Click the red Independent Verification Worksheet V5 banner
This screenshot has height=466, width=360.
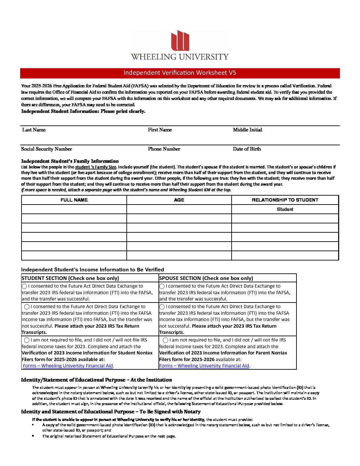click(180, 73)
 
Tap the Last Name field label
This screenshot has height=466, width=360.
click(34, 130)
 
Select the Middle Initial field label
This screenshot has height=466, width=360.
click(247, 130)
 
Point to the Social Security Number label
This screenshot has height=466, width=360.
click(47, 149)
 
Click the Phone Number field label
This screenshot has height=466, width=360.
click(164, 149)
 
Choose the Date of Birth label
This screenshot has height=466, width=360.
click(247, 149)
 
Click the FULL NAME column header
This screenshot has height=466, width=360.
click(74, 200)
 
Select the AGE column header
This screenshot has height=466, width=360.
click(179, 200)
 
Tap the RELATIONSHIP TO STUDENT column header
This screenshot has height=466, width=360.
click(285, 200)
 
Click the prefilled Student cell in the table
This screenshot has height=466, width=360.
click(285, 209)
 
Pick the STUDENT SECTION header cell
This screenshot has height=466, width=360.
click(70, 278)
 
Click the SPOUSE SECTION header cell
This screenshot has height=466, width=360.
click(206, 278)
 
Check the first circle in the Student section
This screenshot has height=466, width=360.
click(24, 286)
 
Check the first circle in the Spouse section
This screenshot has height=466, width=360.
click(162, 286)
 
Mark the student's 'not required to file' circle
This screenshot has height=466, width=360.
click(27, 340)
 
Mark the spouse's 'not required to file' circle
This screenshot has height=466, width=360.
click(165, 340)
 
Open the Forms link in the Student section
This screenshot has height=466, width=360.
click(68, 366)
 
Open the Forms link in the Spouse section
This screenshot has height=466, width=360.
click(204, 366)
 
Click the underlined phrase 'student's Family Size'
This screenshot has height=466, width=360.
click(96, 167)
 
